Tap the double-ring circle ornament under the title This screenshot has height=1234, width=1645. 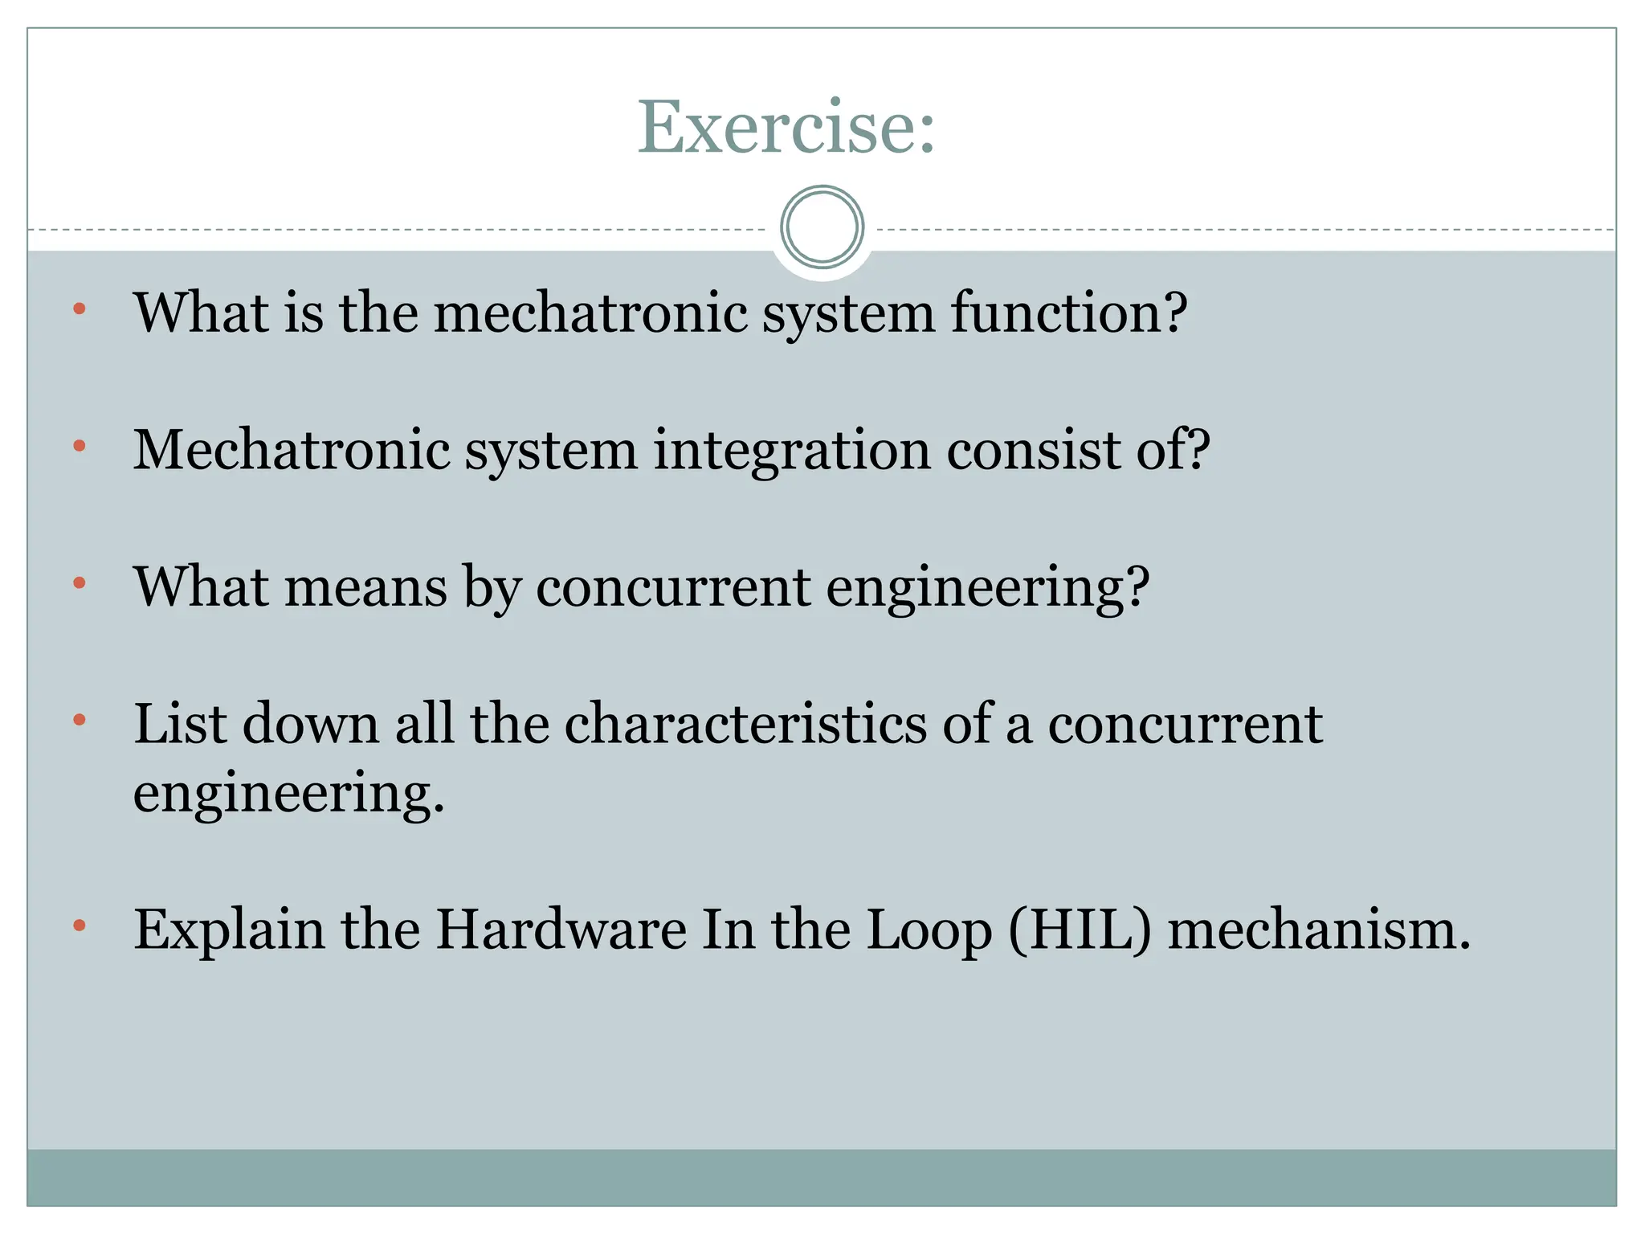[822, 227]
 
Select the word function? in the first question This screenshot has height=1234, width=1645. [1068, 313]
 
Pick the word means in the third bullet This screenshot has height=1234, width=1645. [365, 586]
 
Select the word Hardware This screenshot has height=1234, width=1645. [561, 930]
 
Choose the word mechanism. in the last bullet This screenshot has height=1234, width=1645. [1319, 930]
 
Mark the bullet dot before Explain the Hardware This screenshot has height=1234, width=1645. [79, 926]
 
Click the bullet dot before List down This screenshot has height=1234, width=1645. [79, 720]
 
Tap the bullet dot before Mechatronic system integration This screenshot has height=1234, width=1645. [79, 446]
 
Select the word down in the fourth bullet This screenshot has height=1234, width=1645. [310, 723]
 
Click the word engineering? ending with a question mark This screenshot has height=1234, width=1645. [988, 588]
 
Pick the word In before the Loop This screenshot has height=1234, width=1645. [729, 930]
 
